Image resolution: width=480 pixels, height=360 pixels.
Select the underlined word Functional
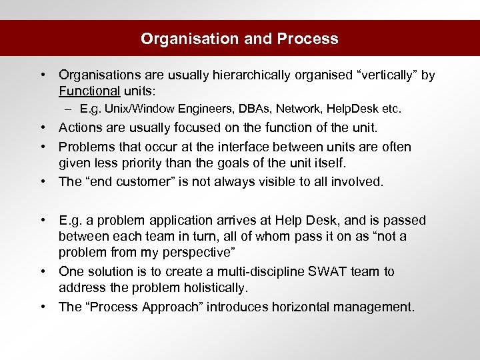pyautogui.click(x=89, y=91)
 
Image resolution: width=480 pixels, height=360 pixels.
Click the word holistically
pyautogui.click(x=214, y=288)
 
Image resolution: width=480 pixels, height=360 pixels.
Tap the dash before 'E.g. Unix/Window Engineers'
pyautogui.click(x=69, y=108)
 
